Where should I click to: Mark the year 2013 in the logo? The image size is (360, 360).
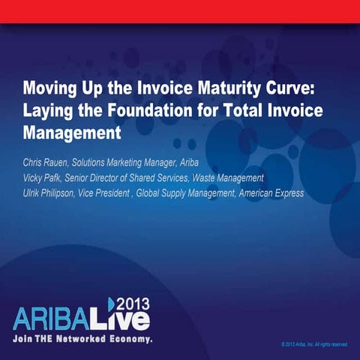point(133,303)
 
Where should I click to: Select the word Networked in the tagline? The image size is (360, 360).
point(82,339)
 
